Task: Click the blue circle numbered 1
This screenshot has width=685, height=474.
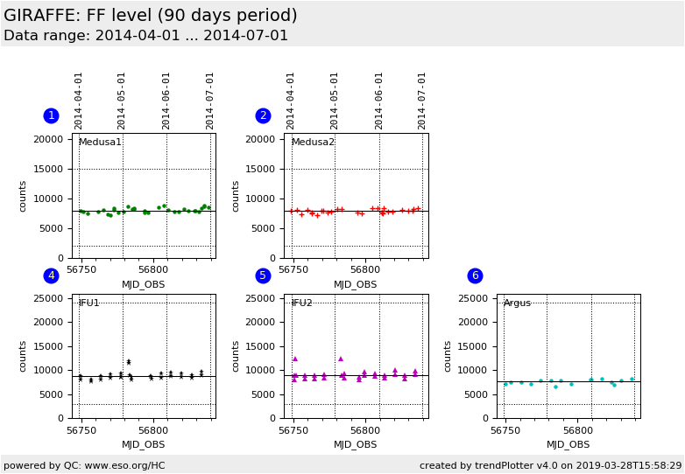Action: pyautogui.click(x=51, y=115)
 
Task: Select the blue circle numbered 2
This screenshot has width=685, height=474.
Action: pyautogui.click(x=263, y=115)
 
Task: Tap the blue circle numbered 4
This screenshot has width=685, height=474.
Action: pyautogui.click(x=51, y=275)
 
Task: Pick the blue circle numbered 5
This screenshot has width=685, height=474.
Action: pyautogui.click(x=263, y=275)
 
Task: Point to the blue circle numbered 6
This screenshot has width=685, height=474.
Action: pyautogui.click(x=475, y=275)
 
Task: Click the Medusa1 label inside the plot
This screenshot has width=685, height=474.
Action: pyautogui.click(x=100, y=143)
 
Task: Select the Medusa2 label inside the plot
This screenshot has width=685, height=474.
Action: pyautogui.click(x=313, y=143)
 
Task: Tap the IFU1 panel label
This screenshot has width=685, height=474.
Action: pyautogui.click(x=88, y=303)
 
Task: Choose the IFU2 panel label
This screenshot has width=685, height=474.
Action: pyautogui.click(x=301, y=303)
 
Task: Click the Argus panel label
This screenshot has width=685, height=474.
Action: pyautogui.click(x=517, y=303)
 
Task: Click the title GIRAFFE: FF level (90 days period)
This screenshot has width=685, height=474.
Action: pyautogui.click(x=151, y=16)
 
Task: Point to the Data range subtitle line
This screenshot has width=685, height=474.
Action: pyautogui.click(x=145, y=36)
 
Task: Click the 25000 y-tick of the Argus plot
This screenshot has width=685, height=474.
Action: pyautogui.click(x=473, y=298)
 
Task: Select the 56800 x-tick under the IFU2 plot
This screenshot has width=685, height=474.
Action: pyautogui.click(x=365, y=430)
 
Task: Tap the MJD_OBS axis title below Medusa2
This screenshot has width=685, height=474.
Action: pyautogui.click(x=356, y=284)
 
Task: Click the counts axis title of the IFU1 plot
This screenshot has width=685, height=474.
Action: pyautogui.click(x=25, y=356)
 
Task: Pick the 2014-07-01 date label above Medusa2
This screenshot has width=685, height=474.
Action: pyautogui.click(x=422, y=101)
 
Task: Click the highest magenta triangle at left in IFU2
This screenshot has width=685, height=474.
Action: pyautogui.click(x=294, y=359)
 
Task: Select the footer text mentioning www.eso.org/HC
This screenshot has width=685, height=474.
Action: pyautogui.click(x=84, y=465)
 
